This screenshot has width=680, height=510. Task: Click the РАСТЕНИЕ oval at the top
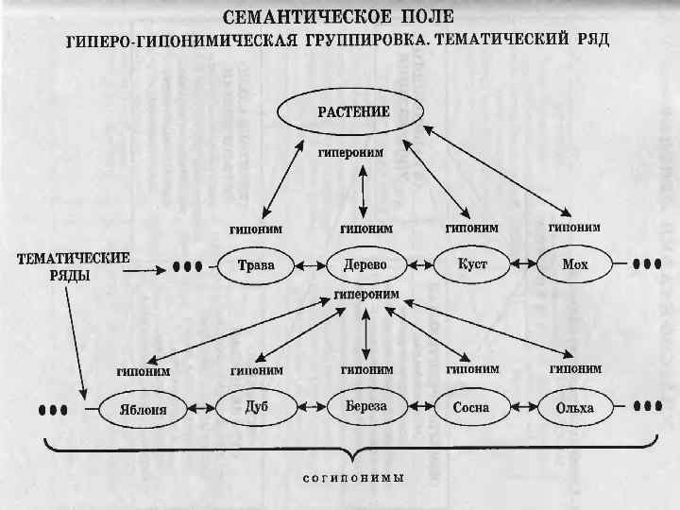pyautogui.click(x=351, y=112)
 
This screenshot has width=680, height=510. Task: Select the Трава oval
pyautogui.click(x=255, y=265)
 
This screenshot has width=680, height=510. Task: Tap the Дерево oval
pyautogui.click(x=365, y=265)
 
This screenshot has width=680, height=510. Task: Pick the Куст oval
pyautogui.click(x=471, y=264)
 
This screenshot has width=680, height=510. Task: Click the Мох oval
pyautogui.click(x=574, y=265)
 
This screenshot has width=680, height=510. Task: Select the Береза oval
pyautogui.click(x=364, y=407)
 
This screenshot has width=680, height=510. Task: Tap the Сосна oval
pyautogui.click(x=471, y=408)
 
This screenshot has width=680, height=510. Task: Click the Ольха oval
pyautogui.click(x=575, y=408)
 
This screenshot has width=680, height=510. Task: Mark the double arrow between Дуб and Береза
pyautogui.click(x=311, y=409)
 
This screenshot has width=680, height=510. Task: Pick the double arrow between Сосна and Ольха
pyautogui.click(x=523, y=409)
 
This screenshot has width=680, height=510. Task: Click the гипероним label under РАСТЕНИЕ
pyautogui.click(x=350, y=151)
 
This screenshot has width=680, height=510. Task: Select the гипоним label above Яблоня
pyautogui.click(x=144, y=371)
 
